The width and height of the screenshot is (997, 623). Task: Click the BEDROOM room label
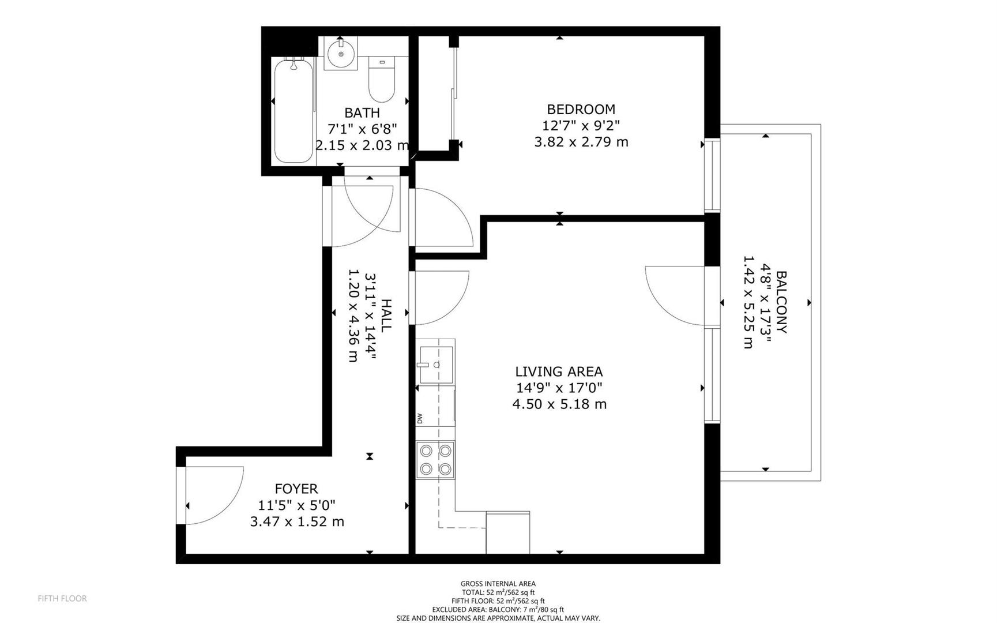click(x=581, y=109)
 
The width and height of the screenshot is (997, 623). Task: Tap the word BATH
click(x=362, y=112)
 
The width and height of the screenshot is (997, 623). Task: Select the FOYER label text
click(x=296, y=489)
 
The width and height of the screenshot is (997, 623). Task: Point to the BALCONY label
click(x=781, y=302)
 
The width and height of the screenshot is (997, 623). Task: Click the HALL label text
click(x=386, y=315)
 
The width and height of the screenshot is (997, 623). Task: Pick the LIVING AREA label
click(x=559, y=372)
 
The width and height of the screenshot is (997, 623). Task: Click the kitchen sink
click(x=437, y=365)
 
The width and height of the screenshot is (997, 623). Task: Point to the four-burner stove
click(x=435, y=460)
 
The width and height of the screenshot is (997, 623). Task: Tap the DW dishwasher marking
click(x=420, y=418)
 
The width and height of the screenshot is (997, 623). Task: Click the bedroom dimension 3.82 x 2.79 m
click(x=581, y=141)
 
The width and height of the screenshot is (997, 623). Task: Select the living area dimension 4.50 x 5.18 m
click(x=559, y=404)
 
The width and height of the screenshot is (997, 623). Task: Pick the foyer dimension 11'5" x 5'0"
click(x=297, y=505)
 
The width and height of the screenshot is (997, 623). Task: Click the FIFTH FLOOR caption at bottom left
click(x=62, y=599)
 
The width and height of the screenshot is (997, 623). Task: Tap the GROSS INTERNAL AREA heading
click(x=498, y=584)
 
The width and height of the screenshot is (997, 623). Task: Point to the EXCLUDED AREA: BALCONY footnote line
click(x=498, y=610)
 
